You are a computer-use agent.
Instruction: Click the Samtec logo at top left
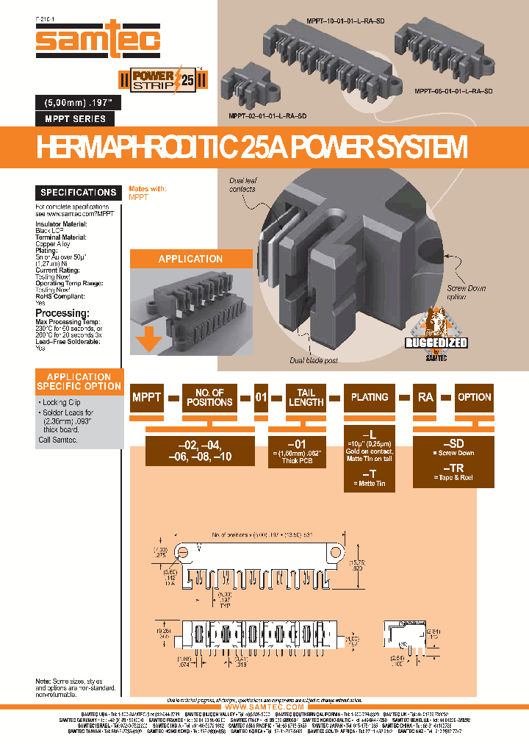(98, 41)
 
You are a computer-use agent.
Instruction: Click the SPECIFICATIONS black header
(79, 193)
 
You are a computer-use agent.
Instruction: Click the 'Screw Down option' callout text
(467, 293)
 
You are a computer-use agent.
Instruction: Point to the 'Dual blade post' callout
(314, 360)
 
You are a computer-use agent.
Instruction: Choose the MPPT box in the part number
(146, 397)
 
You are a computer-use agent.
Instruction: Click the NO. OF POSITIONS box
(210, 397)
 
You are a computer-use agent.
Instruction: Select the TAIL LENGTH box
(306, 397)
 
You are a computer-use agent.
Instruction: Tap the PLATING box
(370, 397)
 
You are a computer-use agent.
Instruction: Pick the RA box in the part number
(425, 397)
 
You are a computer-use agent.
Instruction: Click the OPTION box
(474, 397)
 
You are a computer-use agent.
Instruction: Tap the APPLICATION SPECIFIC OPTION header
(79, 381)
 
